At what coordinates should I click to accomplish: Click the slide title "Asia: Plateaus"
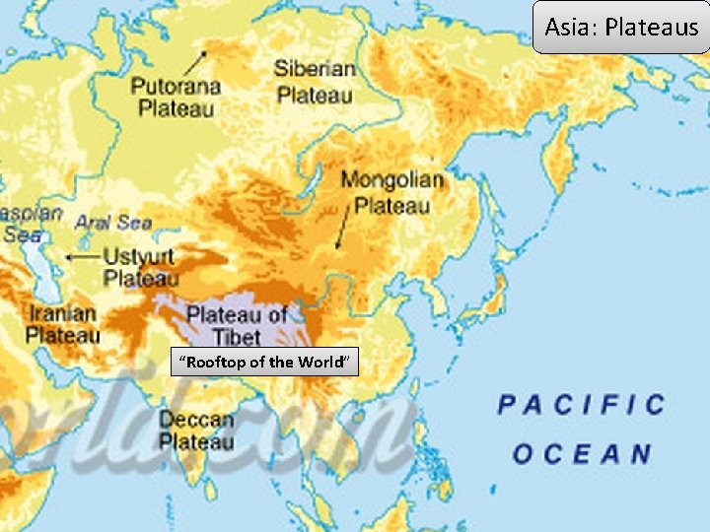[x=621, y=27]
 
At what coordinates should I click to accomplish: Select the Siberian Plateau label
[x=315, y=82]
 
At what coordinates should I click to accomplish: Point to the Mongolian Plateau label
[x=392, y=193]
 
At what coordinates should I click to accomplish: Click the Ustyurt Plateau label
[x=140, y=268]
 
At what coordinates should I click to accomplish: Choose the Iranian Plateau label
[x=62, y=324]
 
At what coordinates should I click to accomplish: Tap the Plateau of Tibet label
[x=238, y=325]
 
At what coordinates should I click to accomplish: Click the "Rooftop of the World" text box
[x=263, y=363]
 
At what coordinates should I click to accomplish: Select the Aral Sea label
[x=113, y=223]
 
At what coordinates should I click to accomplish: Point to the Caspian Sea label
[x=25, y=224]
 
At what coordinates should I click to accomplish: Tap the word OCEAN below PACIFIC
[x=582, y=454]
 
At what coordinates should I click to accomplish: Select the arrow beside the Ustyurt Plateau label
[x=79, y=256]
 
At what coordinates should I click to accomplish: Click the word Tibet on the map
[x=238, y=336]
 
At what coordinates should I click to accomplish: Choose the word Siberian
[x=315, y=69]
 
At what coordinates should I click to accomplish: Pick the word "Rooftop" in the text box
[x=210, y=363]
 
